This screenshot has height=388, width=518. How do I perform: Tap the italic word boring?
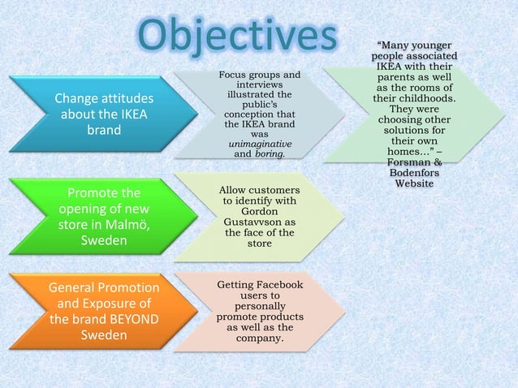click(x=269, y=153)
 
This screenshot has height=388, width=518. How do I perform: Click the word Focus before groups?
click(x=235, y=75)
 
